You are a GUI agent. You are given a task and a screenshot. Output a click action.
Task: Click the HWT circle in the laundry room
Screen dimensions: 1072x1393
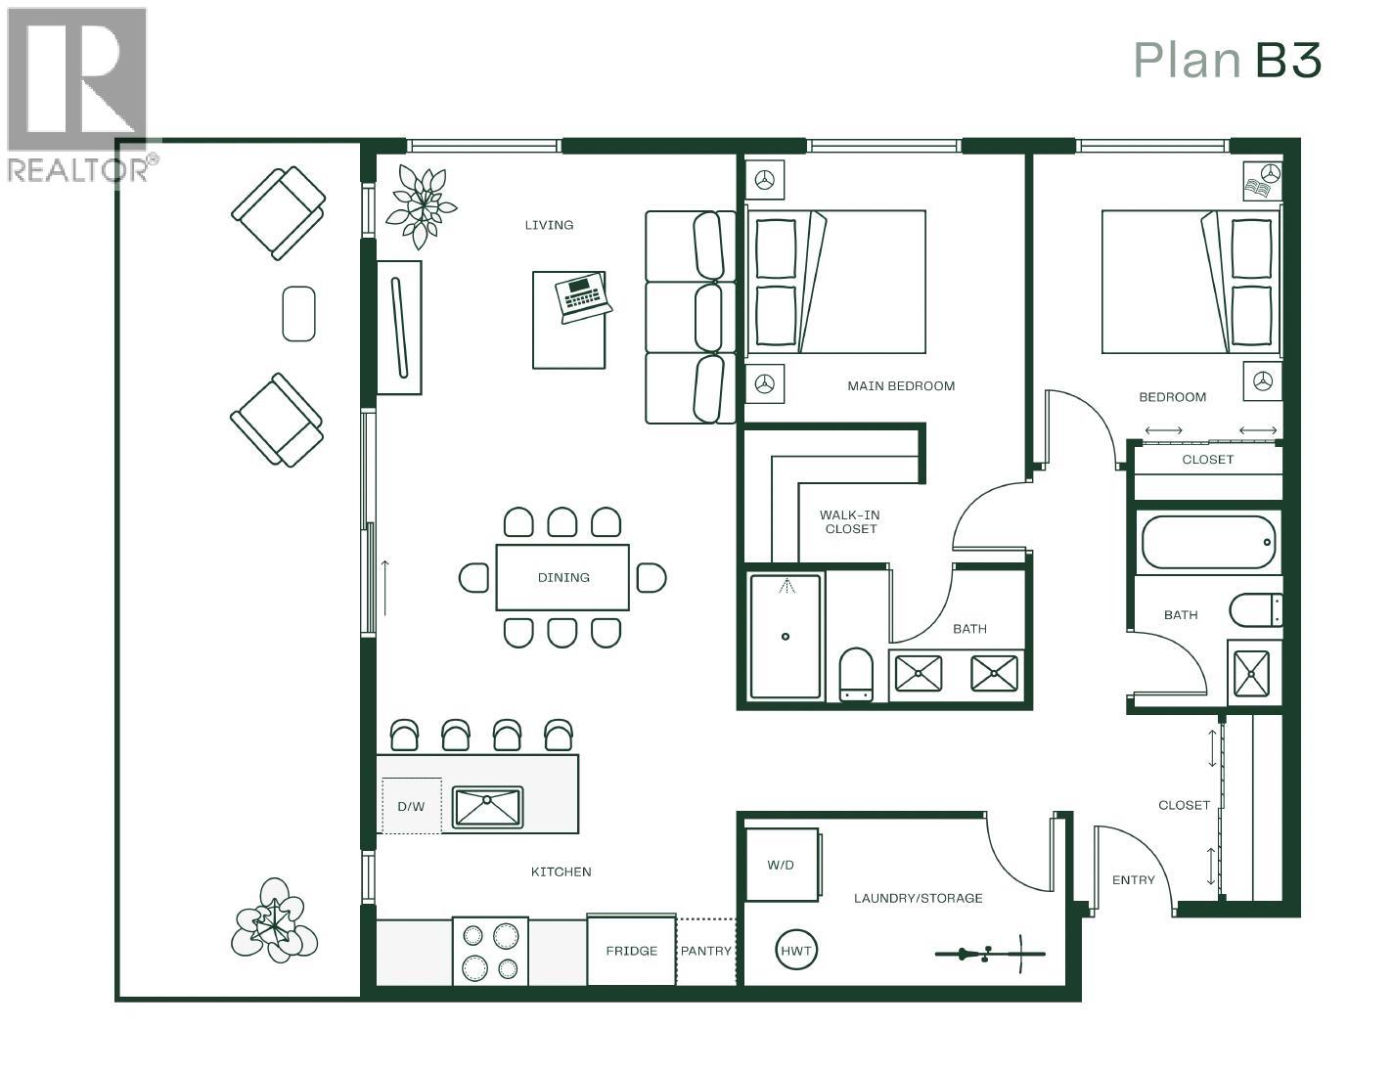tap(796, 950)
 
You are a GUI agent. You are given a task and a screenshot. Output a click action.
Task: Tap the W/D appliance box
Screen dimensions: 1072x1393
tap(781, 865)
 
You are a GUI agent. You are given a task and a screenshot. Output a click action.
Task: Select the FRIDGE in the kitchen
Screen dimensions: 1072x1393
tap(631, 950)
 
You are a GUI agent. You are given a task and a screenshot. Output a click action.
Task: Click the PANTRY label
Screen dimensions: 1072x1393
tap(705, 951)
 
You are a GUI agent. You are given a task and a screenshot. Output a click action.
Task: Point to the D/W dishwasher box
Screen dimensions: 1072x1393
tap(411, 807)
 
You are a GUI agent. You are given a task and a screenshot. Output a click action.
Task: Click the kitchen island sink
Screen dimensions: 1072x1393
tap(488, 807)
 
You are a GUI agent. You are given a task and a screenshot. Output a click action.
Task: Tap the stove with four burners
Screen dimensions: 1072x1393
tap(490, 952)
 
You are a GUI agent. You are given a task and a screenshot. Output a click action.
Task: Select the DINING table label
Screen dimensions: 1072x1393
tap(563, 577)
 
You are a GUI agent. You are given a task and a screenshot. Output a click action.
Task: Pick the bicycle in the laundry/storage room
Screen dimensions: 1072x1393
tap(989, 953)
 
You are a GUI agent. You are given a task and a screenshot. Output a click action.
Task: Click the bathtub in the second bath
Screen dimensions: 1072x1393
tap(1209, 542)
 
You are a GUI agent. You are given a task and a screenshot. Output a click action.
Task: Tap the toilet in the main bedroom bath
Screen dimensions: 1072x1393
tap(856, 674)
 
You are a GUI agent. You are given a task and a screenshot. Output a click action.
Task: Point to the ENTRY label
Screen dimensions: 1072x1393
tap(1133, 880)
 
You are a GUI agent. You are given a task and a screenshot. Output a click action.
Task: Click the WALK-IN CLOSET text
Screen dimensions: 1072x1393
tap(850, 521)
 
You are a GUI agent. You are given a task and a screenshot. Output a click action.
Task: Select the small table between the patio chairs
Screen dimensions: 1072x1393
tap(298, 313)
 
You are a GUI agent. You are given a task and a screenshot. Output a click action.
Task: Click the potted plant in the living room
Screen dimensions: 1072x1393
tap(422, 204)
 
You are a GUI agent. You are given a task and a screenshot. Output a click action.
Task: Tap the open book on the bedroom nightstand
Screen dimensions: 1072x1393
tap(1255, 186)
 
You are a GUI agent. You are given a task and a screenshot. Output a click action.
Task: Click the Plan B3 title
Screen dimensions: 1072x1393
tap(1227, 61)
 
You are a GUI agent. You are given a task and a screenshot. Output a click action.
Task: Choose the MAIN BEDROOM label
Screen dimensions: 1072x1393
tap(900, 386)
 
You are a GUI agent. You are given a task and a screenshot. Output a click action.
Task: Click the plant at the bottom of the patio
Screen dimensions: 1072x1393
tap(274, 920)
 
